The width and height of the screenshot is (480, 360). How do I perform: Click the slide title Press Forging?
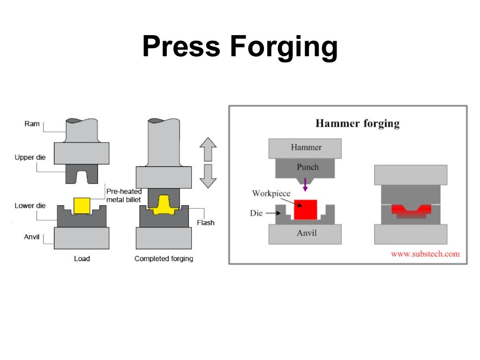[x=240, y=47]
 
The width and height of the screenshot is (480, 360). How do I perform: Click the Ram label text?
[x=31, y=124]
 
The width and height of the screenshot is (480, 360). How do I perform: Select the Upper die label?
[x=30, y=157]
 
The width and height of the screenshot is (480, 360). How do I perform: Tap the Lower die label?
[x=30, y=206]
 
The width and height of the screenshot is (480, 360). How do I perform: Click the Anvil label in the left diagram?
[x=31, y=237]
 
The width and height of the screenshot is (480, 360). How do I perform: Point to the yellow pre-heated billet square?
[x=82, y=205]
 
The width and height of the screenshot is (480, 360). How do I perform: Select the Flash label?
[x=205, y=222]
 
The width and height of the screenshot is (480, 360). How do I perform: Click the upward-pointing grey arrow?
[x=208, y=150]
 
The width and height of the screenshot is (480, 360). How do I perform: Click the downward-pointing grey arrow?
[x=208, y=177]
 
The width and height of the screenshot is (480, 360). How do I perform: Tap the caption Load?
[x=82, y=258]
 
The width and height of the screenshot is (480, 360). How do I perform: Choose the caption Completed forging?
[x=164, y=258]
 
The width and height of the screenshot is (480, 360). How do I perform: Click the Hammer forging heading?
[x=357, y=124]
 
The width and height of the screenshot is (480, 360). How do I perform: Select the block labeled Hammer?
[x=306, y=148]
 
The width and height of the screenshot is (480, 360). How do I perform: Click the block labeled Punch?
[x=307, y=167]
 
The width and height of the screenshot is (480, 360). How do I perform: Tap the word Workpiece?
[x=271, y=193]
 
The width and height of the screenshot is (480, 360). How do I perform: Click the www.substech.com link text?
[x=425, y=254]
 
